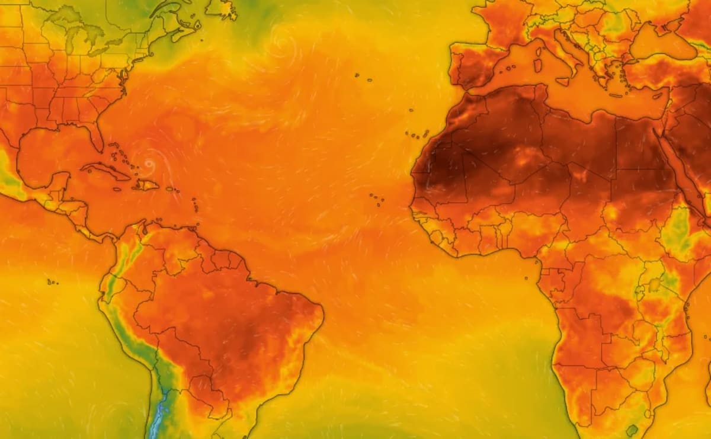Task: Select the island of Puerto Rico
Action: [x=171, y=190]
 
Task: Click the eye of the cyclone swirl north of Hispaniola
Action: [x=149, y=164]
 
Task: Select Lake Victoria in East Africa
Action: [x=654, y=286]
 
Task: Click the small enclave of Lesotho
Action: [x=633, y=430]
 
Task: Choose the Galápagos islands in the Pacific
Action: [x=52, y=282]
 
